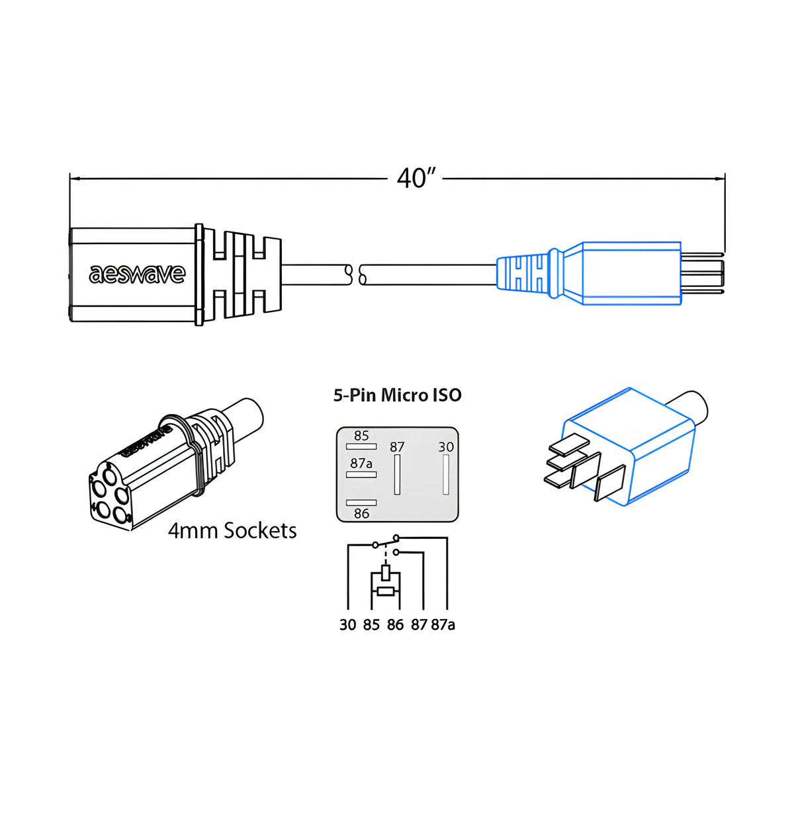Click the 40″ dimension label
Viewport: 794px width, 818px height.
(x=416, y=178)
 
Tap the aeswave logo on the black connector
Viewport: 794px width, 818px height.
(x=137, y=274)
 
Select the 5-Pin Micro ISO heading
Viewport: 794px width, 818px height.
(x=397, y=395)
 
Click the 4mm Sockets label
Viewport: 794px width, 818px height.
(x=232, y=530)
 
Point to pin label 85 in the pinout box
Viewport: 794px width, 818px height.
(x=361, y=436)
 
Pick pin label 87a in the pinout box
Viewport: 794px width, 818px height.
(x=361, y=463)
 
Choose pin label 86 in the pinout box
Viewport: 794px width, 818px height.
(x=361, y=514)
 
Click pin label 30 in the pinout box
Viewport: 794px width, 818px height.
(x=446, y=447)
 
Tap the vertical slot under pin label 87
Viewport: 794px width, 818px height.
(x=397, y=475)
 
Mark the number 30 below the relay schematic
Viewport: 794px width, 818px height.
(x=347, y=625)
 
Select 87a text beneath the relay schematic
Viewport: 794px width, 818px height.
(x=443, y=625)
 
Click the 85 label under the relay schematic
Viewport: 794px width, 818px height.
(x=371, y=625)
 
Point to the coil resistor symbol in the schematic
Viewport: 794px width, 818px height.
(x=386, y=591)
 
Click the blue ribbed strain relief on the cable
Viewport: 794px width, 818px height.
(x=523, y=273)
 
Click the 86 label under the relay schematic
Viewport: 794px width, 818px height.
(x=395, y=625)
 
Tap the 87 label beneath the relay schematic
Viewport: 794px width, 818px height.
(x=419, y=625)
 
